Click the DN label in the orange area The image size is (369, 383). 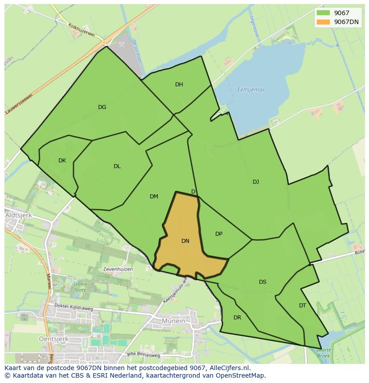[185, 241]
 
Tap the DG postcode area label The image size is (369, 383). [102, 107]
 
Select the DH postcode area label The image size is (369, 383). [179, 85]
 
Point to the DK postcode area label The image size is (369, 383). [62, 161]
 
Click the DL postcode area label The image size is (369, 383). [117, 166]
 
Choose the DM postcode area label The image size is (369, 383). [154, 197]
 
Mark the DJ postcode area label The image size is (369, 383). [256, 181]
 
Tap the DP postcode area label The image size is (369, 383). [219, 234]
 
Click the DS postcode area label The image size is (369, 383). [262, 282]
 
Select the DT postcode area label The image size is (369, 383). [303, 306]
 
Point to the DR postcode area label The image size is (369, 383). [237, 318]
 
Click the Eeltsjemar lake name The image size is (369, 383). [251, 90]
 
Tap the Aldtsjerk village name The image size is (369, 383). [17, 215]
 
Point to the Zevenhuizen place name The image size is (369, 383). [118, 270]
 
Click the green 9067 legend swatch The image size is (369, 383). [323, 13]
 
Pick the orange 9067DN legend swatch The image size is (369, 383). [323, 22]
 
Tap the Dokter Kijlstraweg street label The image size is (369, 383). [74, 306]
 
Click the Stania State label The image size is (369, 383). [81, 287]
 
